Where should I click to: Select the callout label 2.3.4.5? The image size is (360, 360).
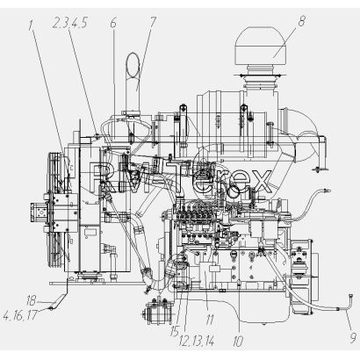pyautogui.click(x=70, y=23)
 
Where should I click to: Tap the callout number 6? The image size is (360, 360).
pyautogui.click(x=113, y=23)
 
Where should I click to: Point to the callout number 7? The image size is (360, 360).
pyautogui.click(x=153, y=22)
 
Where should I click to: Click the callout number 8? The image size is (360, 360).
pyautogui.click(x=301, y=21)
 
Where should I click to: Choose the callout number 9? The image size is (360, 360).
pyautogui.click(x=354, y=338)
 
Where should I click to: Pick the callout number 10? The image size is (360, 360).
pyautogui.click(x=238, y=342)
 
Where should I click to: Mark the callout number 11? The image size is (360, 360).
pyautogui.click(x=210, y=320)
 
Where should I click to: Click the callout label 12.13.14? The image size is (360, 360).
pyautogui.click(x=197, y=341)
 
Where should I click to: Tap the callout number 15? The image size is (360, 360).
pyautogui.click(x=175, y=331)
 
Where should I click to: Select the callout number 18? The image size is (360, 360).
pyautogui.click(x=31, y=300)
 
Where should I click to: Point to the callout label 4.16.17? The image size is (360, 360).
pyautogui.click(x=20, y=315)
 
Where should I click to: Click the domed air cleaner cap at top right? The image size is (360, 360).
pyautogui.click(x=261, y=47)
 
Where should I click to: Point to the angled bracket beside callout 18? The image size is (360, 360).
pyautogui.click(x=59, y=301)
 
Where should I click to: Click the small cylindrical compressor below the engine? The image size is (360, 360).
pyautogui.click(x=155, y=313)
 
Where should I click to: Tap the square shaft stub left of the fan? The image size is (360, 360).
pyautogui.click(x=36, y=212)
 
